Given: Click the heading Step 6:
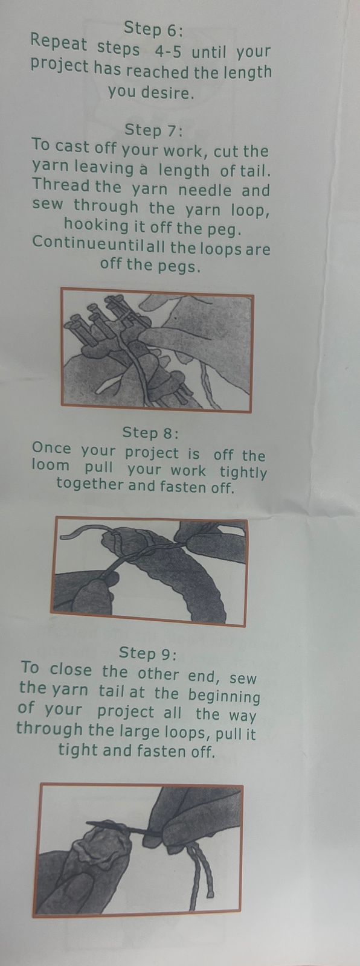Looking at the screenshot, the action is [153, 29].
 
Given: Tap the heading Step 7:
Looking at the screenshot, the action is [153, 130].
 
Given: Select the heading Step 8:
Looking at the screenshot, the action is [150, 432].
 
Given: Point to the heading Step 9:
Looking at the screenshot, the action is [147, 653].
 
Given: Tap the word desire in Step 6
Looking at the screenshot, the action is [166, 92].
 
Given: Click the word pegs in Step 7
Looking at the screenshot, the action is [179, 267].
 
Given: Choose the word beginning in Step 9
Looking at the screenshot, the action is [225, 696].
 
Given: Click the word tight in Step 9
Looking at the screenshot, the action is [79, 750].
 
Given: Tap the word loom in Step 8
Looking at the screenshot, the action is [51, 465].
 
